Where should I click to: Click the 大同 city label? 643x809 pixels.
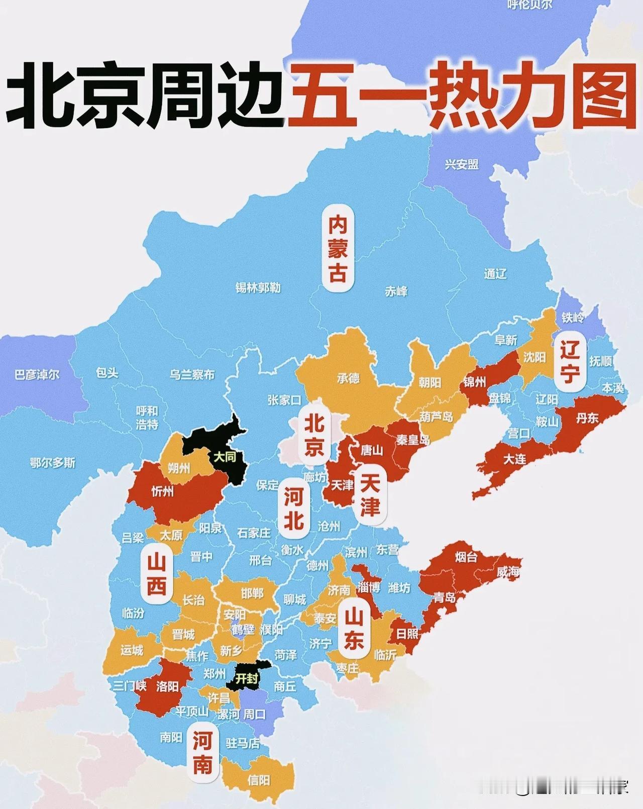click(x=224, y=457)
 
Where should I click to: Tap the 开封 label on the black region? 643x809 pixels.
click(x=247, y=678)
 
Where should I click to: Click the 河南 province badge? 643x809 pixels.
click(x=202, y=752)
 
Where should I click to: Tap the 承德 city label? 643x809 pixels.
click(x=348, y=378)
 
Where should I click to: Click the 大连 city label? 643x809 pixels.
click(x=515, y=459)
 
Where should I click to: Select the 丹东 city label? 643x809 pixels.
click(x=587, y=418)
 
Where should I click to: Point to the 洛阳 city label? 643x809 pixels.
click(x=167, y=686)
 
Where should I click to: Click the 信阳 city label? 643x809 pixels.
click(x=259, y=780)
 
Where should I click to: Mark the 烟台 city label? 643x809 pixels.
click(x=466, y=557)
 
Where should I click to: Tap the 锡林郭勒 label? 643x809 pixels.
click(x=258, y=288)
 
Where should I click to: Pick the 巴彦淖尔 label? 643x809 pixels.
click(x=37, y=374)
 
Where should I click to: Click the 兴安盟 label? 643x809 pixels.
click(x=461, y=164)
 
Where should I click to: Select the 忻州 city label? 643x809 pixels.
click(x=162, y=491)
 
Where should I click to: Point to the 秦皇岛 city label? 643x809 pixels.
click(x=413, y=440)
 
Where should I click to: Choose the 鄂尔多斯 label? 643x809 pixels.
click(x=52, y=463)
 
